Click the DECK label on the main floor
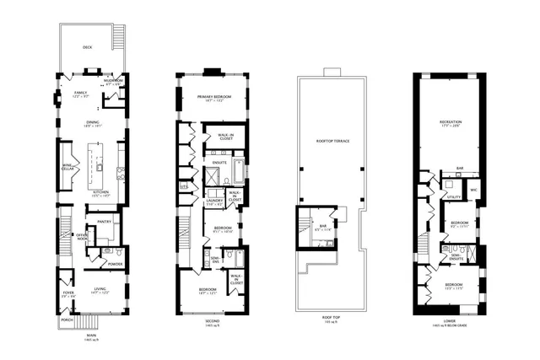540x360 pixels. click(87, 48)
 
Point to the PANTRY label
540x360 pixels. click(105, 222)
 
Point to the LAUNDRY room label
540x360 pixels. click(213, 200)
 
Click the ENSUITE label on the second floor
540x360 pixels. click(218, 161)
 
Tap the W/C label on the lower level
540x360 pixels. click(475, 190)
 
